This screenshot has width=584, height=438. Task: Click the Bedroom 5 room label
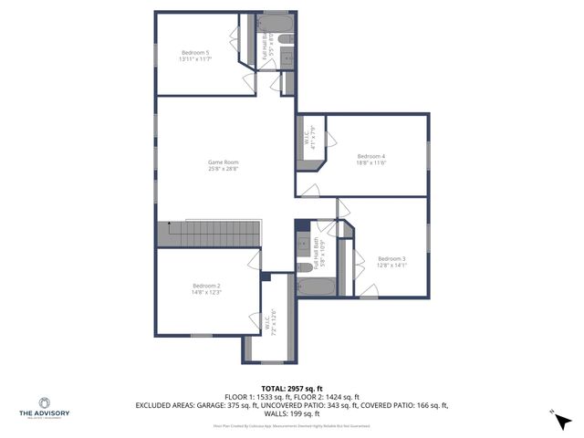[x=195, y=53]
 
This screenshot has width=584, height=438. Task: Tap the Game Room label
[x=223, y=162]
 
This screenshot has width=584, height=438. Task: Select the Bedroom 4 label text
[x=370, y=155]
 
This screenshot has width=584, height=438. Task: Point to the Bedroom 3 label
[x=391, y=258]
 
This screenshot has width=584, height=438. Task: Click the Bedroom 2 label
[x=206, y=286]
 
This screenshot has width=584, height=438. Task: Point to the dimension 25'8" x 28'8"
[x=223, y=169]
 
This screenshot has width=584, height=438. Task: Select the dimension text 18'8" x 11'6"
[x=370, y=162]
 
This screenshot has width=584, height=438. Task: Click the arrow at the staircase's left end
[x=168, y=224]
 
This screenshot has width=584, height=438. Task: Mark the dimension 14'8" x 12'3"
[x=206, y=292]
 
